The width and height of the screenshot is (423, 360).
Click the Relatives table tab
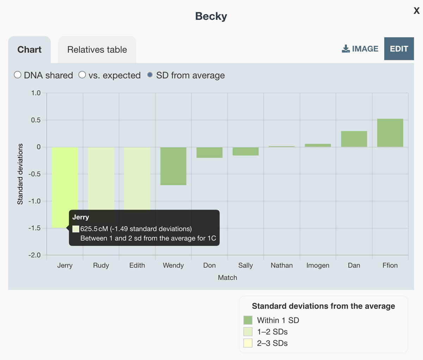97,50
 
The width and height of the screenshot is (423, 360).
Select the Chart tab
29,50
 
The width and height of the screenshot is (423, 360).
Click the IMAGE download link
360,49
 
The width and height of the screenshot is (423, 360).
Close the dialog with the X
416,11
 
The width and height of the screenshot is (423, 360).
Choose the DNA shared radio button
18,75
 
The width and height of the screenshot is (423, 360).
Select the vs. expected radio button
82,75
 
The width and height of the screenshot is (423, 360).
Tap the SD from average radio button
150,75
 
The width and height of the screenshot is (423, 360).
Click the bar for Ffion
390,133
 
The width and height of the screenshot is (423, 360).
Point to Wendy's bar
173,166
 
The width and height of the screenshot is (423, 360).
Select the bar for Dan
354,139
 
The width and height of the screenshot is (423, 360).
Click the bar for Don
209,153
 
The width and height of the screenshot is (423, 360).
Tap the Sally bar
245,151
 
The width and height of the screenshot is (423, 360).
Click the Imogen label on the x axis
318,266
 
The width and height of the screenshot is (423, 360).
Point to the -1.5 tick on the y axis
35,228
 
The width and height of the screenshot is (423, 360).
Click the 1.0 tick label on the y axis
36,93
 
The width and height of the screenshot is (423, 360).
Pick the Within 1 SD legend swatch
248,320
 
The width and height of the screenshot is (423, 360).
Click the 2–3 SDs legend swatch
248,343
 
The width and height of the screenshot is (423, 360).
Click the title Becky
211,16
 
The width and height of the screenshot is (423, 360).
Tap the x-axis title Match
227,278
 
